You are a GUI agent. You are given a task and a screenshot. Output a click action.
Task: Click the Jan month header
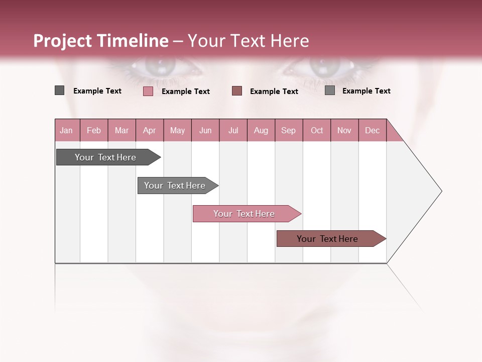67,130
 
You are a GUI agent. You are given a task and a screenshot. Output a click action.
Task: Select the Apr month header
150,130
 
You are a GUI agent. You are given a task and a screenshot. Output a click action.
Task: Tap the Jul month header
233,130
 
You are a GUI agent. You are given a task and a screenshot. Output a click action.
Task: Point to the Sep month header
288,130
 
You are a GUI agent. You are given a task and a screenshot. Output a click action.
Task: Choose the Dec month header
372,130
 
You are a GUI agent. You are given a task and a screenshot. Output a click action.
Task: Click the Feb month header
94,130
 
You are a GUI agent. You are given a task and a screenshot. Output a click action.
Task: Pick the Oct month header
317,130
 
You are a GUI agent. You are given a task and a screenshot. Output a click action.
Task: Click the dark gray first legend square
59,90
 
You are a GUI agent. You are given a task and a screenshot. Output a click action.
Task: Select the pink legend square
148,91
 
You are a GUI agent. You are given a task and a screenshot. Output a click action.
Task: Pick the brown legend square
237,90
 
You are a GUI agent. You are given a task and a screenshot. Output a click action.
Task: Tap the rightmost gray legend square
330,90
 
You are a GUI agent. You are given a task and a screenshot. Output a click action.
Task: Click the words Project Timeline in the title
101,41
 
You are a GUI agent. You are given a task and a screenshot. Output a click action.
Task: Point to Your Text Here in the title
249,41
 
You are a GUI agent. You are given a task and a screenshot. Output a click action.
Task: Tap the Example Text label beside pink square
186,92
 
